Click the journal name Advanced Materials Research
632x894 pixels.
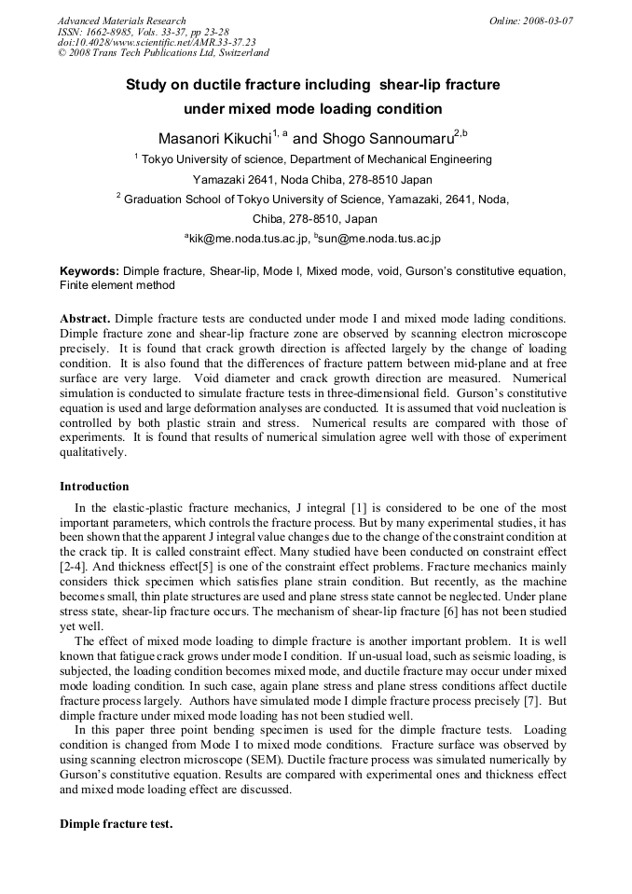[x=121, y=21]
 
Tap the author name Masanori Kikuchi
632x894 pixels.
[x=214, y=138]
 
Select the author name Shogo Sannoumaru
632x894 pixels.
[x=387, y=138]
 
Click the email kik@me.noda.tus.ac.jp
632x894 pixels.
[x=249, y=240]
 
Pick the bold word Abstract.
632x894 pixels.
[x=85, y=318]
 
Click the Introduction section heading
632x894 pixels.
[x=94, y=487]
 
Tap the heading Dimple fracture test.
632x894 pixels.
[x=116, y=824]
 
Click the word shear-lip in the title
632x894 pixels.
[x=414, y=85]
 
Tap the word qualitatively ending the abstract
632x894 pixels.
[x=92, y=452]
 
